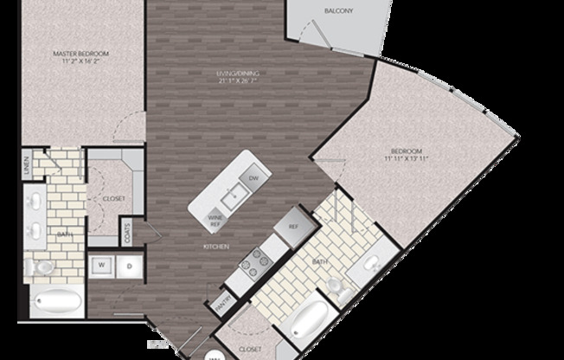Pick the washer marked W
[x=102, y=266]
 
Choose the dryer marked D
[x=129, y=266]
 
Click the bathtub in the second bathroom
[x=305, y=321]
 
